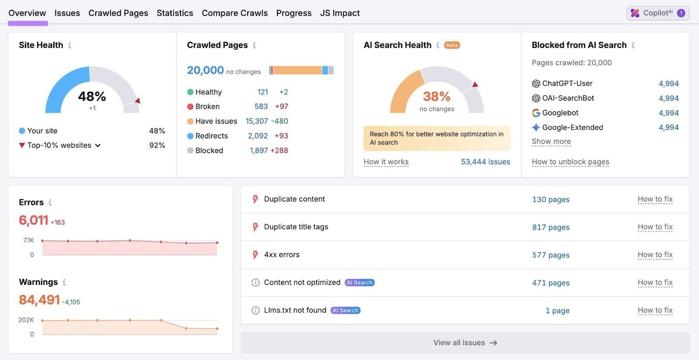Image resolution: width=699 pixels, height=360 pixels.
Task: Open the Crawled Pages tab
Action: point(118,13)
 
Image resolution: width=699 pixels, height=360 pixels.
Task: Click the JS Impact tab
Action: point(339,13)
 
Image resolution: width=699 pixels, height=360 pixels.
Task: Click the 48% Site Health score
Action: point(92,96)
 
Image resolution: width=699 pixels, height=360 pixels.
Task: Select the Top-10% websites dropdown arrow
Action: point(98,145)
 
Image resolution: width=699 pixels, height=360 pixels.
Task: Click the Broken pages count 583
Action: point(261,107)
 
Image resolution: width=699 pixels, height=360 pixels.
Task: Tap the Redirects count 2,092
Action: point(258,136)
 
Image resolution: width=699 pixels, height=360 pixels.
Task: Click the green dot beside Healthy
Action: point(190,92)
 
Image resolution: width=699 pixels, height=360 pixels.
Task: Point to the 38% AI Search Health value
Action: point(436,96)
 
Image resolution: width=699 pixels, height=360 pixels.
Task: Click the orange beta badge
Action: point(452,45)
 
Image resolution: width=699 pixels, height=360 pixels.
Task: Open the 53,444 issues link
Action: point(485,162)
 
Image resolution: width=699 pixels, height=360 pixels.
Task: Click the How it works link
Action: point(386,162)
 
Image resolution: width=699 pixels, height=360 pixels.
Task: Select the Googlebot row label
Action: point(560,113)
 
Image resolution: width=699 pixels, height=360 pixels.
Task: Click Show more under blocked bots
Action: point(551,142)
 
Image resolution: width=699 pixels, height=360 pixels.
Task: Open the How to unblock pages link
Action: point(570,162)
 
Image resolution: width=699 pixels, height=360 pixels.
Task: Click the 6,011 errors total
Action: point(33,220)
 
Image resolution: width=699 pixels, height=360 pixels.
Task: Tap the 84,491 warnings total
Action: point(39,300)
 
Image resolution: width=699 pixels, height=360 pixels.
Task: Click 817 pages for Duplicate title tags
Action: point(550,227)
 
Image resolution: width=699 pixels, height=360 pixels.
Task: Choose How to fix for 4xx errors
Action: point(654,255)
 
